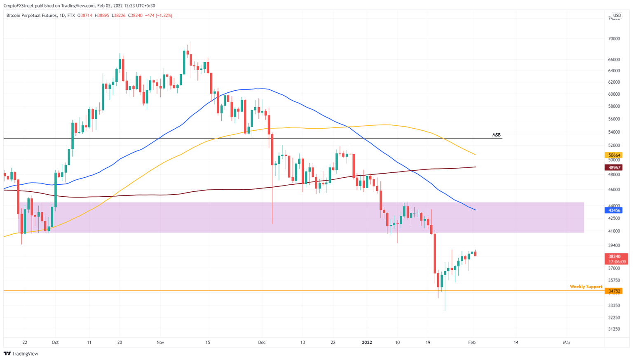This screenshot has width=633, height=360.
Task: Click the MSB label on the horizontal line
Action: (x=496, y=135)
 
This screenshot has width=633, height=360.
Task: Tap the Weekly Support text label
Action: (x=586, y=287)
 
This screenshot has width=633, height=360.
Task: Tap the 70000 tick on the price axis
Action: (x=614, y=39)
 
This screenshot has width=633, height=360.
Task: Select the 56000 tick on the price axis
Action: (x=614, y=119)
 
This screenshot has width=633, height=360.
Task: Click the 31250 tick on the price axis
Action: (x=614, y=329)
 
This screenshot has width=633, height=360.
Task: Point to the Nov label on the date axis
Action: (x=160, y=343)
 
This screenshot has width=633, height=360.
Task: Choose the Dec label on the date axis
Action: (x=262, y=343)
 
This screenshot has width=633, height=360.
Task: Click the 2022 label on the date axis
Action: (x=367, y=343)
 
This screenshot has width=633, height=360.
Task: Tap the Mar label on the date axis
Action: (x=567, y=343)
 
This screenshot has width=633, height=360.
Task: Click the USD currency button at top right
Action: (x=617, y=16)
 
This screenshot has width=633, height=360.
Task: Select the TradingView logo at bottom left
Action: (x=21, y=353)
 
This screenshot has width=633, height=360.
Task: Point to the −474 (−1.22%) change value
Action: (x=159, y=16)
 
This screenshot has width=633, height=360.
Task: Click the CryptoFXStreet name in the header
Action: (x=17, y=6)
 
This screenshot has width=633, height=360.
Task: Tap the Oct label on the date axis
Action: (x=55, y=343)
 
